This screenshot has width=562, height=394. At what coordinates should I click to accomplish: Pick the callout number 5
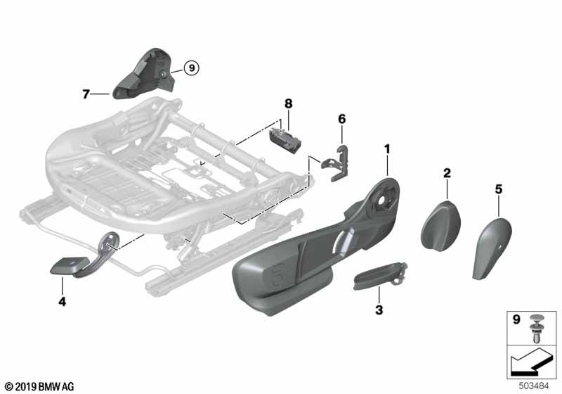498,188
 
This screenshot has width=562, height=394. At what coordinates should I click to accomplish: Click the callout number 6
342,120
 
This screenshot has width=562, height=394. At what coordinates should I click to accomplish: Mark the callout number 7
86,93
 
